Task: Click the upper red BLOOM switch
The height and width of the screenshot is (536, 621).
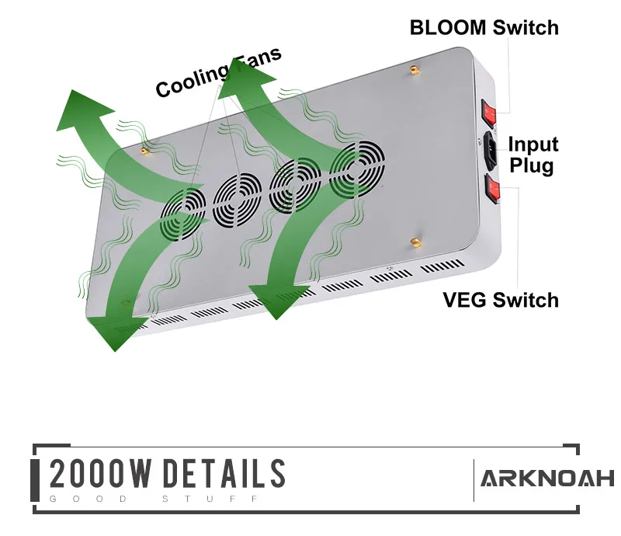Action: coord(489,113)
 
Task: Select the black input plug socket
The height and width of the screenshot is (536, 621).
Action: coord(491,150)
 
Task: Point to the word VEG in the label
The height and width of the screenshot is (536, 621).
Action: coord(465,300)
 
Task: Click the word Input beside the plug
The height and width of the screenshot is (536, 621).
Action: coord(533,144)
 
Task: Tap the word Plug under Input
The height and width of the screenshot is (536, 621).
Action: coord(533,165)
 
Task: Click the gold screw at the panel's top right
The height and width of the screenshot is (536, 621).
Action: coord(414,70)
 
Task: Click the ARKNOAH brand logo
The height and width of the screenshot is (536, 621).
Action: coord(546,478)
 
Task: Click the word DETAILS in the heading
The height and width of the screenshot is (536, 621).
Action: coord(224,474)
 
